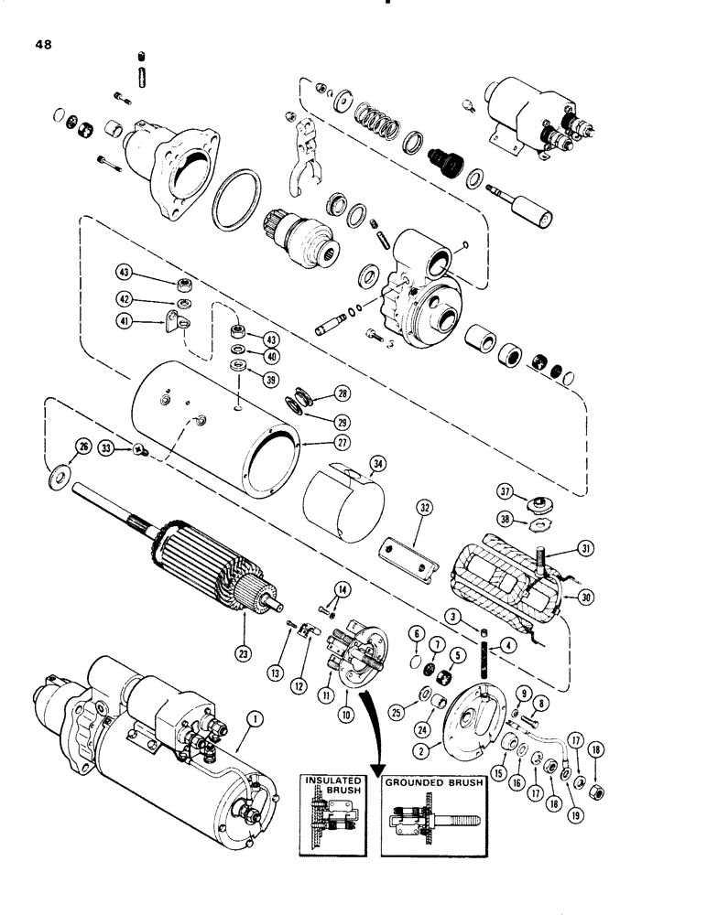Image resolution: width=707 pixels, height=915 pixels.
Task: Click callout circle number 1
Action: [255, 720]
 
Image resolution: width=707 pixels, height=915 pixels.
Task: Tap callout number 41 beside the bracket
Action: [125, 320]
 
